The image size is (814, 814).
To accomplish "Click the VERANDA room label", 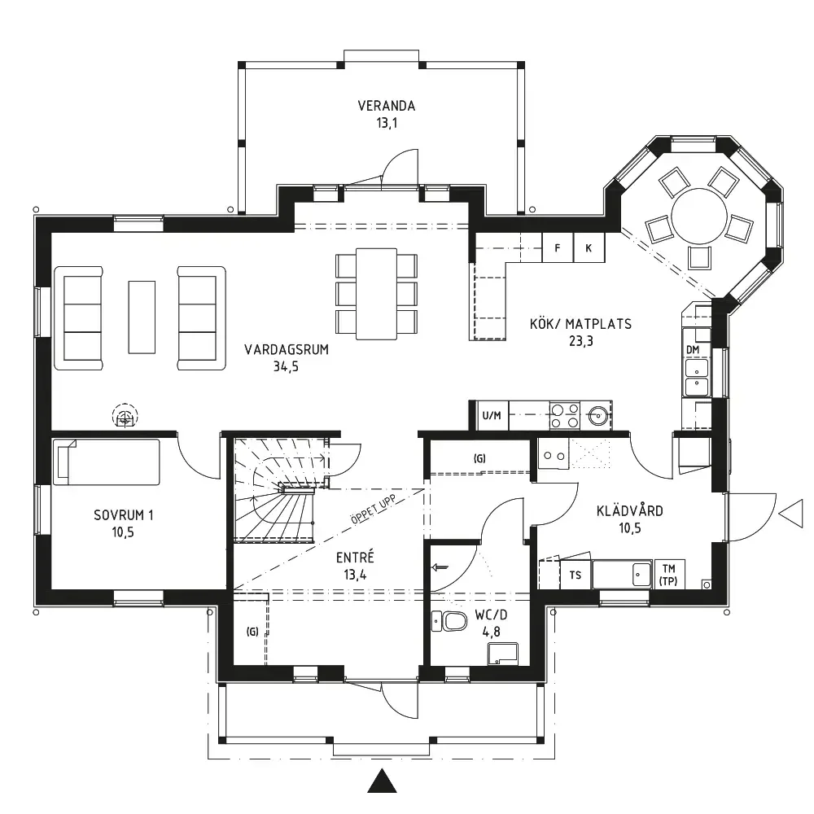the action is (386, 106).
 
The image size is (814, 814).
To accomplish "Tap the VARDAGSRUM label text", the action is (287, 349).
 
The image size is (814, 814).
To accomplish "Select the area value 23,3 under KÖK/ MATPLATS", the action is (581, 341).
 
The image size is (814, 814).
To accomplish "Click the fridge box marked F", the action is (558, 247).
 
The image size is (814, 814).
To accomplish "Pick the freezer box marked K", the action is (589, 247).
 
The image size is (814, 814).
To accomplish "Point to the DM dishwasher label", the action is (693, 350).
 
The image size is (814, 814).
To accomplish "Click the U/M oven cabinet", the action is (492, 415).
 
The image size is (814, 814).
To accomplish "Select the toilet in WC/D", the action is (449, 621).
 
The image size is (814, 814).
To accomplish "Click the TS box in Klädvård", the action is (575, 575).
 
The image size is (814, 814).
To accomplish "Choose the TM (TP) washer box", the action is (668, 575).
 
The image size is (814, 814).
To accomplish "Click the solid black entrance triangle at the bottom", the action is (382, 781).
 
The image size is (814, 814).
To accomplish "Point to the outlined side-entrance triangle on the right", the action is (791, 515).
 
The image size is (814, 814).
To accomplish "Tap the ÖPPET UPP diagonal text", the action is (373, 510).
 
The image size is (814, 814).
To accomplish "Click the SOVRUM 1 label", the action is (124, 515).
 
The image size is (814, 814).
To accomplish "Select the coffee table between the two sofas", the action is (142, 317).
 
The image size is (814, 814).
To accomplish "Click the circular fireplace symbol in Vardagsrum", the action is (125, 416).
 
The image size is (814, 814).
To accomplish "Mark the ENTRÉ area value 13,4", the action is (355, 575).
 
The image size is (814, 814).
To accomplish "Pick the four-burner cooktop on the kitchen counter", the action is (565, 415).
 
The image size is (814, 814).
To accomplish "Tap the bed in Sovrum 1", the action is (107, 462).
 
